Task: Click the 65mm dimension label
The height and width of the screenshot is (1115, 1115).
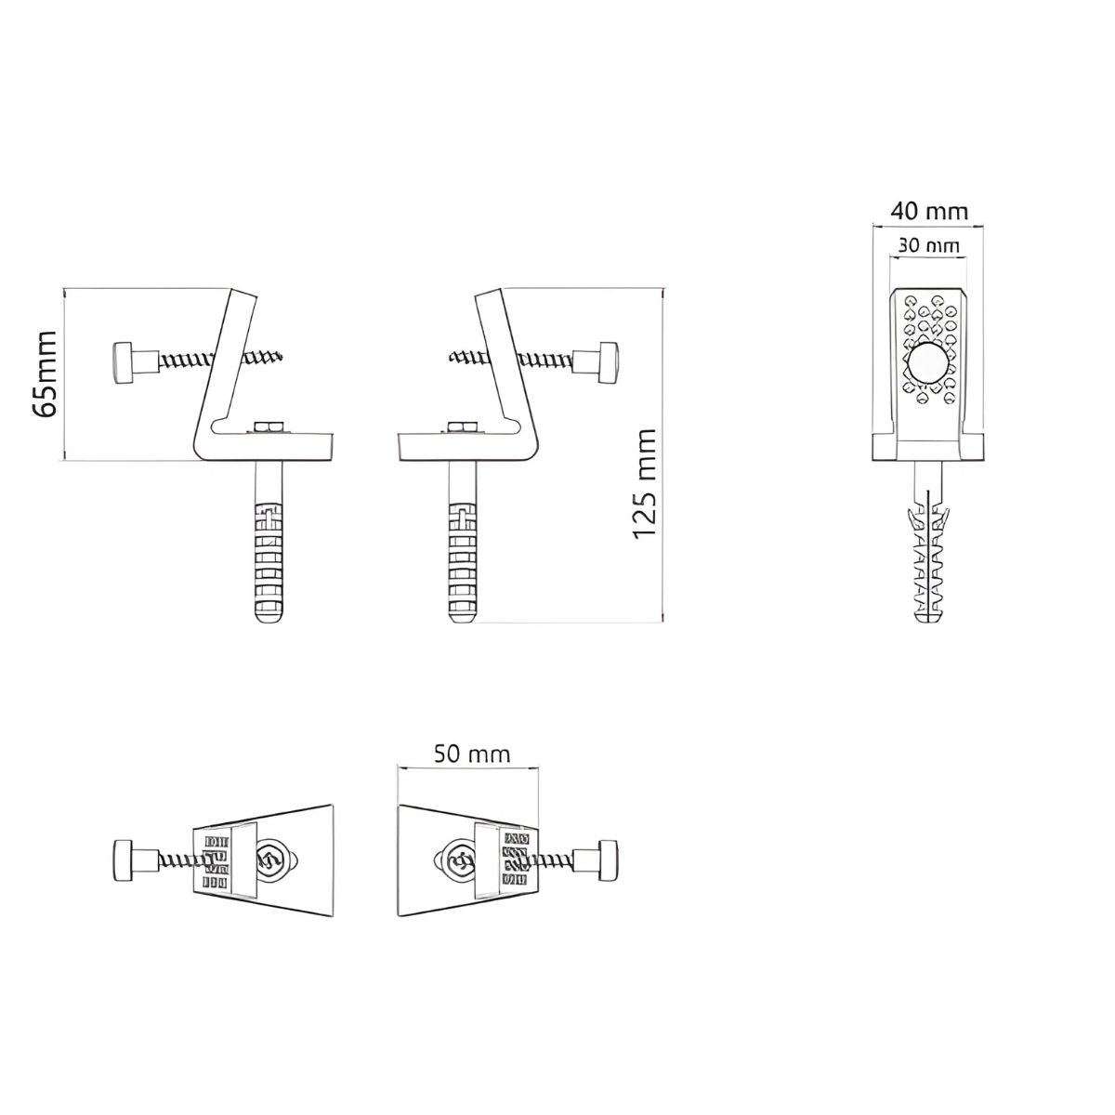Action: (x=45, y=374)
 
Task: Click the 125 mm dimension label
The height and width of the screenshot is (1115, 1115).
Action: (x=645, y=485)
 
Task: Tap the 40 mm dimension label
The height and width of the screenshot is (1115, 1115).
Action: (x=928, y=211)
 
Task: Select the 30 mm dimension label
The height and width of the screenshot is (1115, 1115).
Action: (x=928, y=246)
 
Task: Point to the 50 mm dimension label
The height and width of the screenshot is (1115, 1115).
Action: (x=472, y=754)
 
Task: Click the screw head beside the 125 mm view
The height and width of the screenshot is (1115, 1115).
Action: (x=608, y=362)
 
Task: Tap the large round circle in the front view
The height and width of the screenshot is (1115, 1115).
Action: (x=927, y=362)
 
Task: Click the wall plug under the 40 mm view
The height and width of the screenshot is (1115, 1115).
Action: (x=928, y=557)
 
